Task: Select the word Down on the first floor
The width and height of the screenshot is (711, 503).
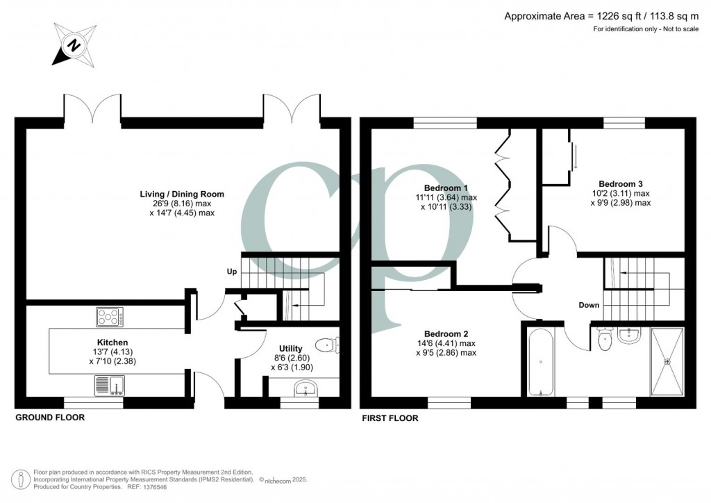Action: (x=589, y=305)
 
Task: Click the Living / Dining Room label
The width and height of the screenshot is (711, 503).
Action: (x=182, y=194)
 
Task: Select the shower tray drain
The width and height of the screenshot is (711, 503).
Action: (x=668, y=361)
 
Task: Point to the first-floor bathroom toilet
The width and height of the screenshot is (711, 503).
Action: (x=603, y=339)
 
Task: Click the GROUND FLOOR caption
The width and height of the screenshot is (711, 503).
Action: (x=50, y=418)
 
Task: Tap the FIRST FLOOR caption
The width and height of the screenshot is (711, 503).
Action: (x=390, y=419)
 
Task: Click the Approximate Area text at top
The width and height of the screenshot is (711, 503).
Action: (x=603, y=16)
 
